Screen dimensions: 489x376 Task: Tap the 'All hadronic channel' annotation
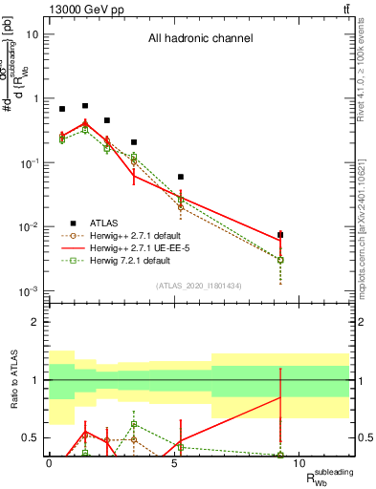click(x=200, y=39)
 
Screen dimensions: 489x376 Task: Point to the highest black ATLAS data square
click(x=85, y=106)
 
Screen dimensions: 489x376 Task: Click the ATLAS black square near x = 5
click(x=181, y=177)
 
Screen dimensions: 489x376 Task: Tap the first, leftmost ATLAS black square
click(x=62, y=109)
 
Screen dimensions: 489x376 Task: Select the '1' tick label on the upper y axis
click(x=35, y=98)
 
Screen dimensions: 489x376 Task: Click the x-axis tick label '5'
click(x=174, y=463)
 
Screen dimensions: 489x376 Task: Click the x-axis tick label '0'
click(x=49, y=463)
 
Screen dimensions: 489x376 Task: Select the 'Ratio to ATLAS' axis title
click(x=12, y=379)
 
